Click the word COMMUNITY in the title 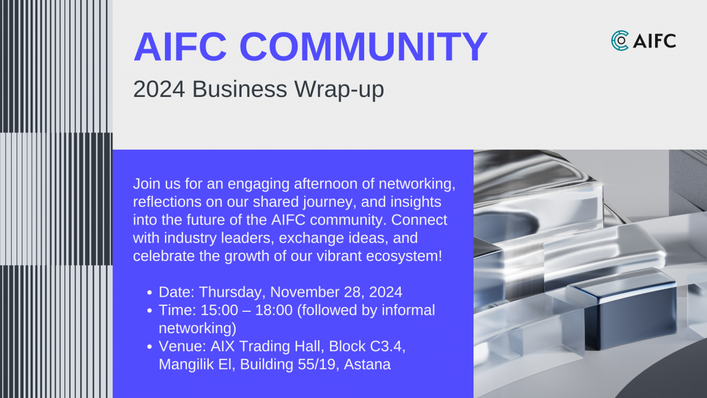363,47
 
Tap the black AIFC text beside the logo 655,41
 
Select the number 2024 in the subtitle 159,89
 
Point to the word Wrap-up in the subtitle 339,89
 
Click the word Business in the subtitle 239,89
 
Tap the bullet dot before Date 149,292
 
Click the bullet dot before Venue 149,347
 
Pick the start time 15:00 219,310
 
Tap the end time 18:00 274,310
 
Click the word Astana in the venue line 367,364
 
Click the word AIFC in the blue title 180,47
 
